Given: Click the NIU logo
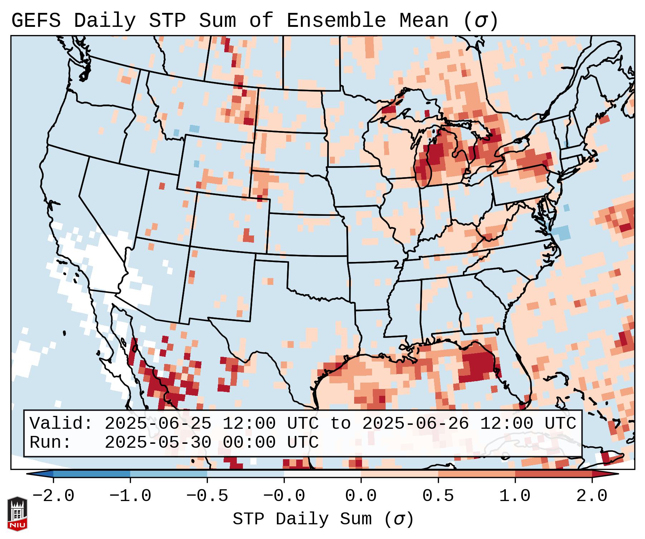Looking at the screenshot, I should pyautogui.click(x=17, y=513).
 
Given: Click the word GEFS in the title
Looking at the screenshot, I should pyautogui.click(x=36, y=21).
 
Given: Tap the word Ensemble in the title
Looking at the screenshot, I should pyautogui.click(x=336, y=21).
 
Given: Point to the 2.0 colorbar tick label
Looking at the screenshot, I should pyautogui.click(x=592, y=496).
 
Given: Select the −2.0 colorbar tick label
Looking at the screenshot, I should pyautogui.click(x=53, y=496).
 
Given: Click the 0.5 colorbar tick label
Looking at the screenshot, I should pyautogui.click(x=438, y=496).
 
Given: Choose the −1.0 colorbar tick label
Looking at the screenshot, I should pyautogui.click(x=130, y=496).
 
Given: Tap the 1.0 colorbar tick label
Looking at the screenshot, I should pyautogui.click(x=515, y=496).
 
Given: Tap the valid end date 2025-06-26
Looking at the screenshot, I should pyautogui.click(x=415, y=423).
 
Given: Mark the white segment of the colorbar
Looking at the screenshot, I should pyautogui.click(x=322, y=474).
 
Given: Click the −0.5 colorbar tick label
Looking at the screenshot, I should pyautogui.click(x=207, y=496).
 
